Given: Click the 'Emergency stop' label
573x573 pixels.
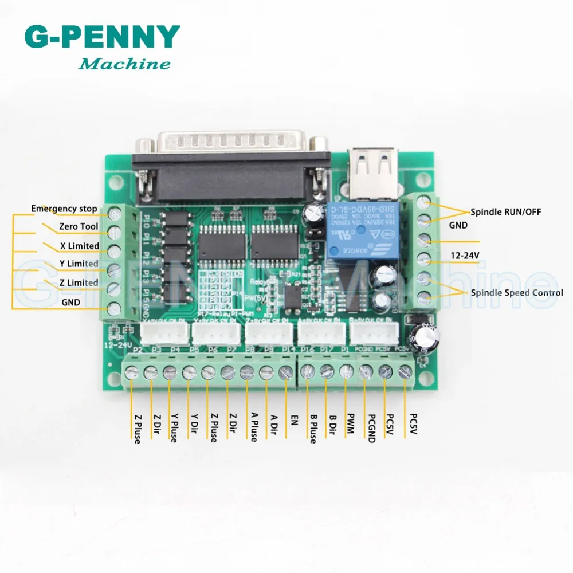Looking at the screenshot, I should coord(64,209).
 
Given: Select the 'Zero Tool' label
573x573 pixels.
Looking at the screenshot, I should coord(79,227).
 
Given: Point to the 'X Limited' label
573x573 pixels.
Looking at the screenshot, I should coord(80,246).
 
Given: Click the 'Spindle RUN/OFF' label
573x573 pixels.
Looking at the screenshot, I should coord(506,212).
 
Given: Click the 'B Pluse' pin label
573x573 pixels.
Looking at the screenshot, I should coord(312,428).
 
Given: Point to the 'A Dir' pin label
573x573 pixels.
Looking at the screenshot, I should coord(274,425).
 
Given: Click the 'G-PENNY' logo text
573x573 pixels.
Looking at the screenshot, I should coord(102,37).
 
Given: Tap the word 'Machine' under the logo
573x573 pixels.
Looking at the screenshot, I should coord(124,64).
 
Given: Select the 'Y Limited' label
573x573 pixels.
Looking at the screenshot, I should coord(80,264).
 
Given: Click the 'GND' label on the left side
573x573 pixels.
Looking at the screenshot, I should coord(71,302).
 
